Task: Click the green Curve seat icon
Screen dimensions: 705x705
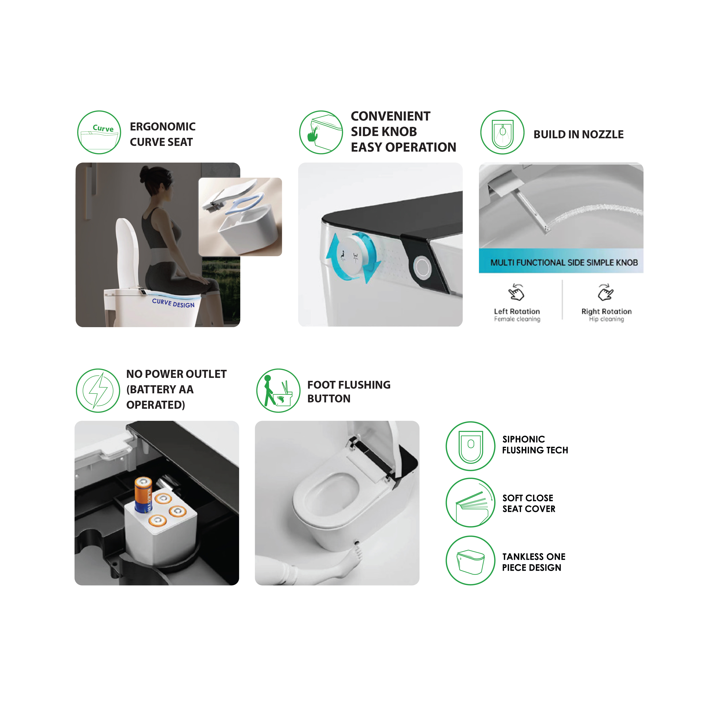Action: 99,132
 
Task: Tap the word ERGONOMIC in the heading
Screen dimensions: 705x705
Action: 163,127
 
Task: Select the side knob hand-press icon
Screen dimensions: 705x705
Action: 321,132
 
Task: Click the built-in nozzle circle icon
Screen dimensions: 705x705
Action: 502,132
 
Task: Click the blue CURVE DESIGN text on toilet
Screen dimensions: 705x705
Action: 173,303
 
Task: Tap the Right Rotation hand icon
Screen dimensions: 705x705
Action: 606,292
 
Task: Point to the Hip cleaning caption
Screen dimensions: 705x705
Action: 606,319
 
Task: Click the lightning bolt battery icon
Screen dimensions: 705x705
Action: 98,390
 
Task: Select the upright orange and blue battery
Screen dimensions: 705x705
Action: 143,495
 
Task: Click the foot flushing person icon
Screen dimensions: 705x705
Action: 278,390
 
